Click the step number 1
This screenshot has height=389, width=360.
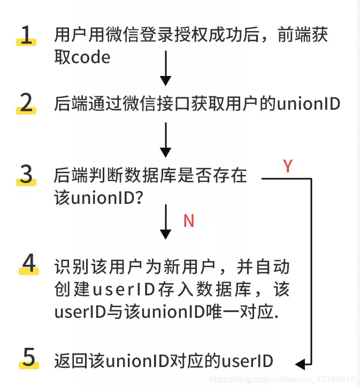tap(27, 35)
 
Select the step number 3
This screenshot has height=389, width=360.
tap(26, 174)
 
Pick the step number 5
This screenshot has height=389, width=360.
tap(28, 357)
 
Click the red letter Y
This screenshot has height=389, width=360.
tap(288, 166)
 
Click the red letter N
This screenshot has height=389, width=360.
tap(189, 221)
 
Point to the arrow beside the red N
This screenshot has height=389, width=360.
tap(166, 222)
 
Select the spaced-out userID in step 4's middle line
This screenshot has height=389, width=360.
tap(124, 289)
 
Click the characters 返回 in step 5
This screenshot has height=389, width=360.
tap(69, 361)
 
